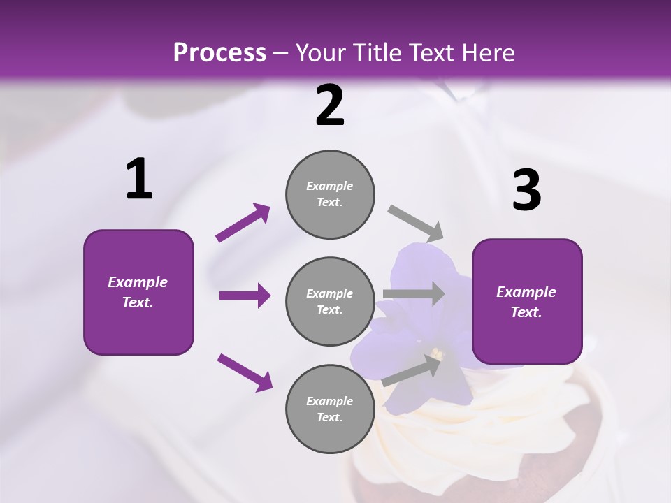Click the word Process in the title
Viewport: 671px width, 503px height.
pos(219,52)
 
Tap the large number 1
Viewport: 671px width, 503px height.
pos(139,180)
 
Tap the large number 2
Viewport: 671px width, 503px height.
pos(330,105)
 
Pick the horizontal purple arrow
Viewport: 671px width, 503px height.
pos(245,296)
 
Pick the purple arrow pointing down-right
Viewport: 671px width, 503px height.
pos(245,372)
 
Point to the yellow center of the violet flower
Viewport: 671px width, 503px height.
pos(438,354)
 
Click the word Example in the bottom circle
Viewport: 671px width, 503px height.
pos(329,401)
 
